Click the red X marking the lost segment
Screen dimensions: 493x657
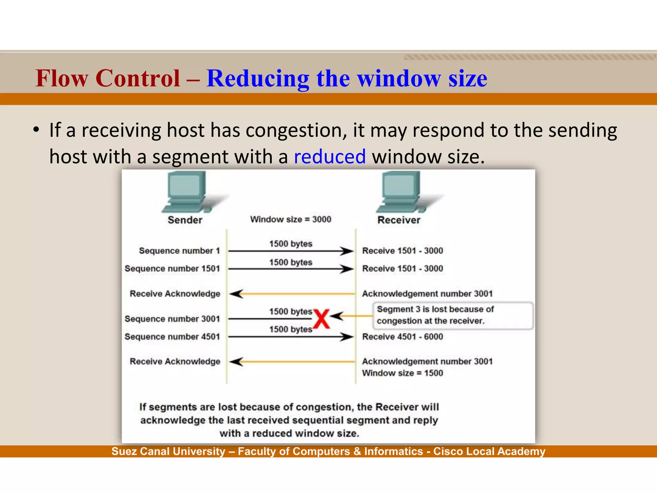point(321,319)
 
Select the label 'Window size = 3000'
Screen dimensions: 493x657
point(291,220)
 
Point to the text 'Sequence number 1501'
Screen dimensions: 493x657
point(172,269)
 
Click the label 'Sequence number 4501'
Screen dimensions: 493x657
point(172,337)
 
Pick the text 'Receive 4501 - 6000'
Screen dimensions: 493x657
point(403,337)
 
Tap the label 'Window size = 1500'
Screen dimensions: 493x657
point(403,373)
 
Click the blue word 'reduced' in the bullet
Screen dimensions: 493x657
point(330,157)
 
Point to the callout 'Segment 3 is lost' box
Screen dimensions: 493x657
point(452,315)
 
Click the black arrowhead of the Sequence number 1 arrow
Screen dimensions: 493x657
point(347,251)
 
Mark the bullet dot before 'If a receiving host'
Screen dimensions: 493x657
point(36,130)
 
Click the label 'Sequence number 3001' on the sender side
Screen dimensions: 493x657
point(172,319)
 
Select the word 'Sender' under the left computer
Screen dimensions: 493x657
point(185,220)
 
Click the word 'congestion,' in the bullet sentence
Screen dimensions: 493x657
point(296,130)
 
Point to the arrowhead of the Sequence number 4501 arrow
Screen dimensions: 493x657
point(347,337)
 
